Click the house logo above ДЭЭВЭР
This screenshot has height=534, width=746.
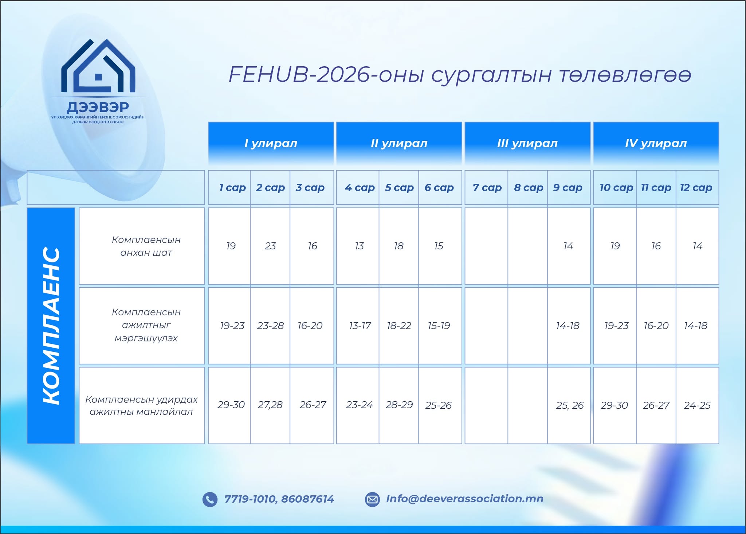98,66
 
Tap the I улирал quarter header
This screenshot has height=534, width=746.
271,143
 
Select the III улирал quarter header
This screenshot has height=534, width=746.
527,143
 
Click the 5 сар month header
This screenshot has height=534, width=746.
399,187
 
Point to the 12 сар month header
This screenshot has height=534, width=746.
696,187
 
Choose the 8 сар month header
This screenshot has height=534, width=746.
529,187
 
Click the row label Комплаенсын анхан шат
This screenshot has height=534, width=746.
146,246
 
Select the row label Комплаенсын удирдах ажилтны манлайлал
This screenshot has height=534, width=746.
141,405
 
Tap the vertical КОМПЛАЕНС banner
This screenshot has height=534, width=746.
51,326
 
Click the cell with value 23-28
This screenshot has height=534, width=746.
270,326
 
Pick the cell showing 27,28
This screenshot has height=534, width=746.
270,405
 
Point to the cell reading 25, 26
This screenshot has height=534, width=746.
569,405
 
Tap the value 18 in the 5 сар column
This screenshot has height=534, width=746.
399,246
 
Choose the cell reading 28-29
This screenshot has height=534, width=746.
399,405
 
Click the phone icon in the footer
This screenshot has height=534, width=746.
210,499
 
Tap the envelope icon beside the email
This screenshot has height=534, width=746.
372,499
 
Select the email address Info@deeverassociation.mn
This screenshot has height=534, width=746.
465,499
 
